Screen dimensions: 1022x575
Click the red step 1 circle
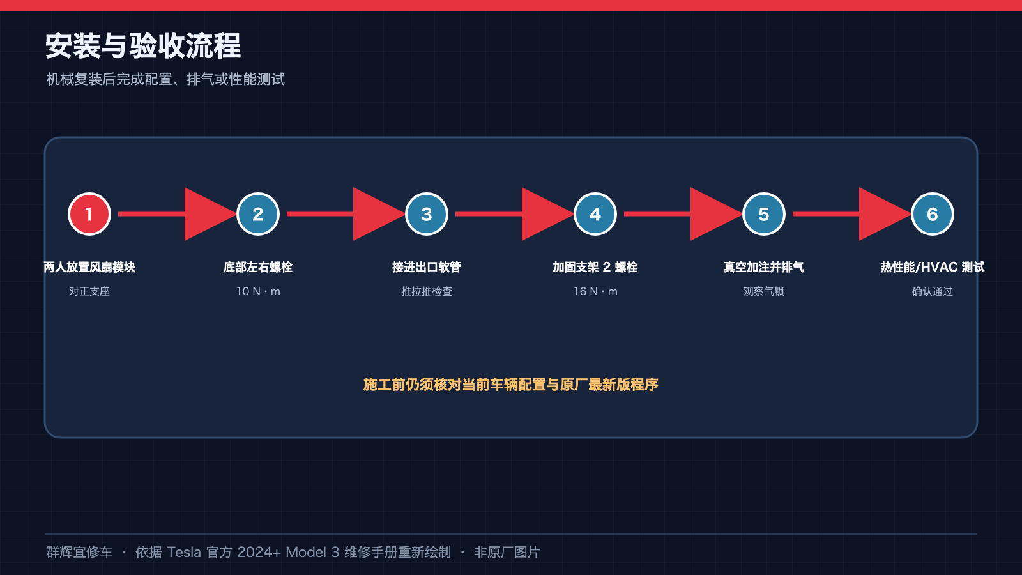89,214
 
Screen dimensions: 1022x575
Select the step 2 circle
258,214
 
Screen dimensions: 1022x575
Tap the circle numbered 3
427,214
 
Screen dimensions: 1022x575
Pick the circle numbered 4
595,214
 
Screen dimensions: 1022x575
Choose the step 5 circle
764,214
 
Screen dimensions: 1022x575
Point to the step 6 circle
932,214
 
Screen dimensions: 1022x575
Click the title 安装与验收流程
143,45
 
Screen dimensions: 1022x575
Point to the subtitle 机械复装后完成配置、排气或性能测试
165,79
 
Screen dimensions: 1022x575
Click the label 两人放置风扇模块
89,267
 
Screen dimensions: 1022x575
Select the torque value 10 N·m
258,291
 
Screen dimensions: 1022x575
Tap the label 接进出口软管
427,267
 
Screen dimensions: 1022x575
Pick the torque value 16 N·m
595,291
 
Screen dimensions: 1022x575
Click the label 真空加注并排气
764,267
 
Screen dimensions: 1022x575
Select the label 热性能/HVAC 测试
932,267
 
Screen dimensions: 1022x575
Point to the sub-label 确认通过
932,291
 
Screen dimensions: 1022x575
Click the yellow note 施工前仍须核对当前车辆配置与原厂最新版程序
510,385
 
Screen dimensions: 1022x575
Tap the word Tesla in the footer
183,552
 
